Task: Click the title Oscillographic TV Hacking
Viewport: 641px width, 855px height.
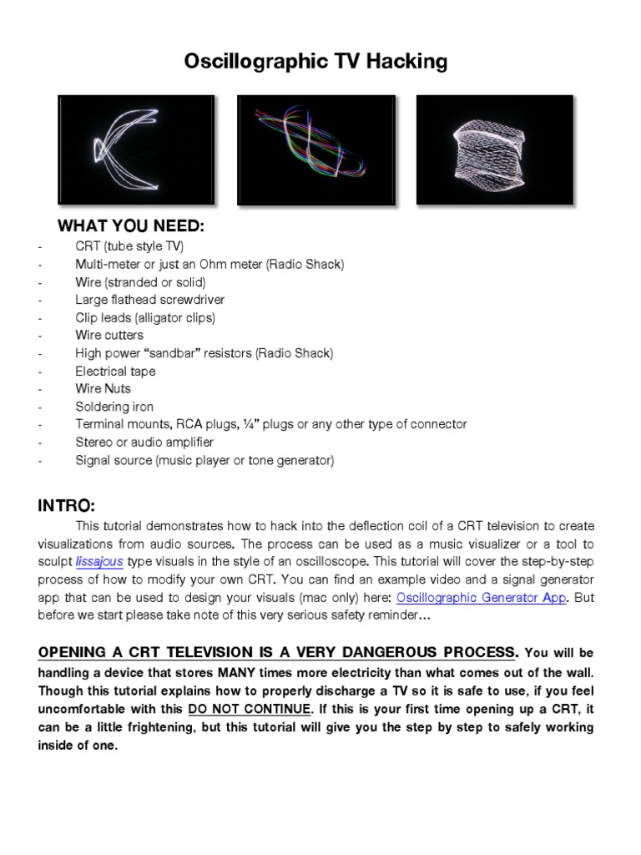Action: point(320,61)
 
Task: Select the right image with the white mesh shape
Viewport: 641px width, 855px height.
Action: point(494,150)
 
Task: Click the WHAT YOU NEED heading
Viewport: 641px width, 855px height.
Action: point(130,227)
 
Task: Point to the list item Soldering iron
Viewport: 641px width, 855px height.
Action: point(114,407)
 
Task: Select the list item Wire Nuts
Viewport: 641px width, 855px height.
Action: point(103,389)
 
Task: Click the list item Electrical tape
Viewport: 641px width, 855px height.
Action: point(115,371)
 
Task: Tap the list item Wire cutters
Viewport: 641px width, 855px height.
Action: point(109,335)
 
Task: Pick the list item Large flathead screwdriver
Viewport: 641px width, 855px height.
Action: point(149,299)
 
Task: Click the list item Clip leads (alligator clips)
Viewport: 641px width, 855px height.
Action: point(145,317)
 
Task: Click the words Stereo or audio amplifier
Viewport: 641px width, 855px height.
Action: point(144,442)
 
